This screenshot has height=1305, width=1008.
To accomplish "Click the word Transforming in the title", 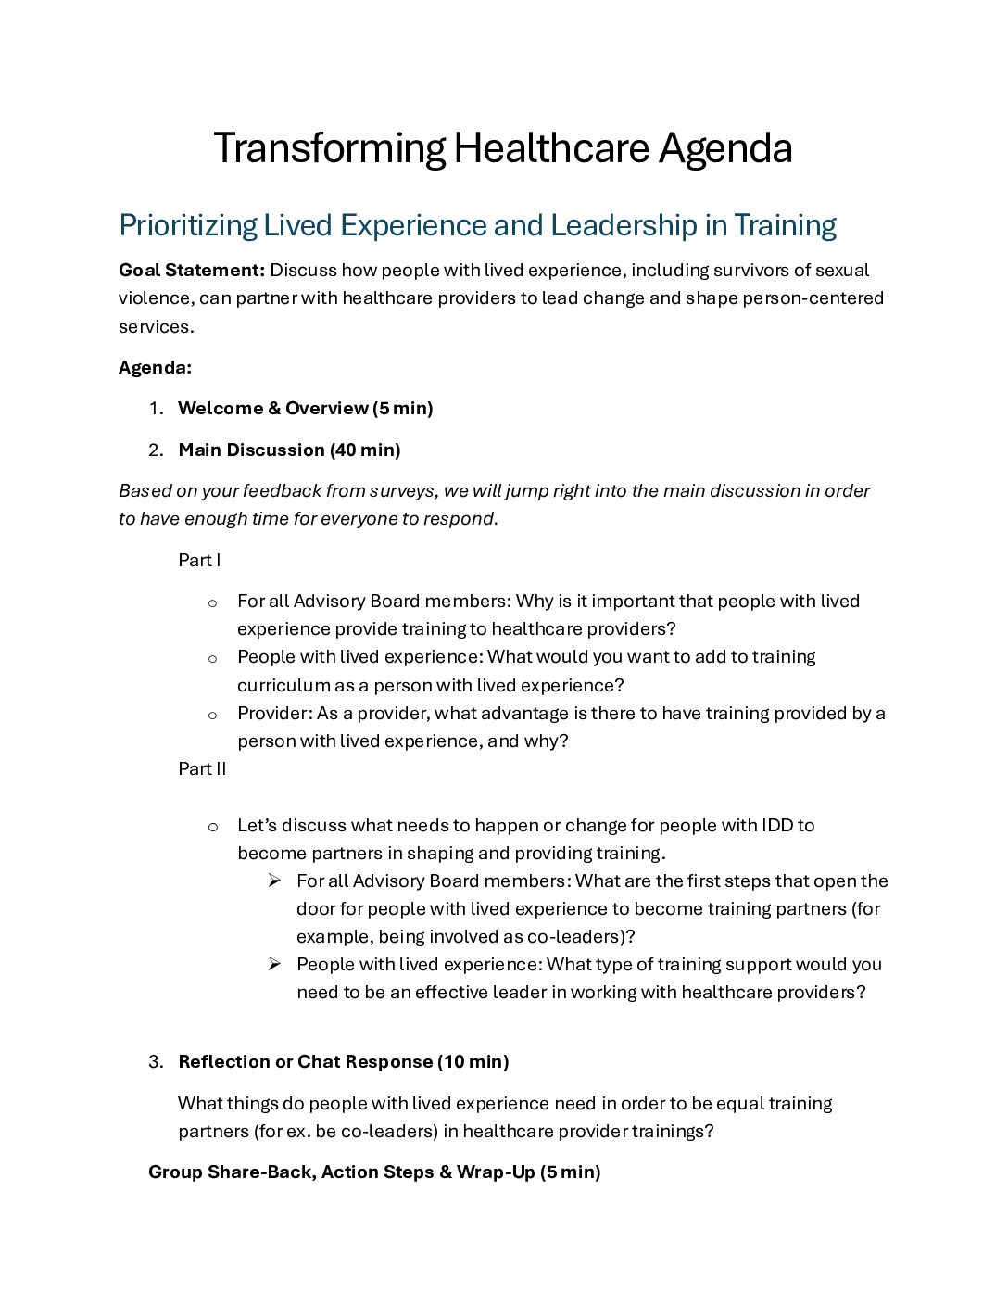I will click(x=329, y=148).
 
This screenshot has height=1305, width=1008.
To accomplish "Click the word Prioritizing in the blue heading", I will click(x=188, y=225).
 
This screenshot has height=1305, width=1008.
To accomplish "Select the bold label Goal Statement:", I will click(x=192, y=270).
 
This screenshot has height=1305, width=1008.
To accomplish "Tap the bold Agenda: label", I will click(x=155, y=367).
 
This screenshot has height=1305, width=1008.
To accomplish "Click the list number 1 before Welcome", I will click(x=155, y=409).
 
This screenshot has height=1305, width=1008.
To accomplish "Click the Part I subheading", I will click(x=199, y=560).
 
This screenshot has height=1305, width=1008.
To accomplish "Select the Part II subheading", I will click(x=202, y=768).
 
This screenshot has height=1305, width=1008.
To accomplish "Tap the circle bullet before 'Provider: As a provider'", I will click(x=212, y=715).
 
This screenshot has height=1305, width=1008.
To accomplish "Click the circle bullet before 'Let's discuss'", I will click(x=212, y=827).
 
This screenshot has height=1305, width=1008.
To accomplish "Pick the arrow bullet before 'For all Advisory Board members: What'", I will click(x=274, y=881).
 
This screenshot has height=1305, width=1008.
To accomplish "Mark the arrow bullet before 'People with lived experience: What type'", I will click(x=274, y=964).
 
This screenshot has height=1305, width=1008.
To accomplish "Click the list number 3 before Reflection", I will click(x=155, y=1062).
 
